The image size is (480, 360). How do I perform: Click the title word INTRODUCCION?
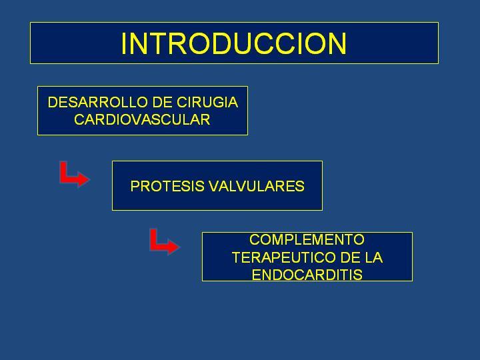tap(234, 43)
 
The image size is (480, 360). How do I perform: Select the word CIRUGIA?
tap(207, 102)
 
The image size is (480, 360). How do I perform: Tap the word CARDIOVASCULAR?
tap(142, 119)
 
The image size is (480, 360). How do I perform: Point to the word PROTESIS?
tap(167, 186)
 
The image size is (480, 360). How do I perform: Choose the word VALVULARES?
tap(257, 186)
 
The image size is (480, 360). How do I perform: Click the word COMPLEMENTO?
tap(307, 239)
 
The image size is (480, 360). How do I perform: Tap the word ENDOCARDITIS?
tap(307, 275)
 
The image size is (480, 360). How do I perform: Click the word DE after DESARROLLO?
tap(162, 102)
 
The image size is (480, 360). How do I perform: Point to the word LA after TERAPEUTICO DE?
tap(373, 257)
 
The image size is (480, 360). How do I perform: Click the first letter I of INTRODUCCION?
tap(123, 43)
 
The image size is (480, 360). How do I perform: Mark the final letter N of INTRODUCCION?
tap(337, 43)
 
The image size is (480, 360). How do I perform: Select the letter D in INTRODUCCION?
tap(219, 43)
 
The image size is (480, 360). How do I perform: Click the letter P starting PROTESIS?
tap(135, 186)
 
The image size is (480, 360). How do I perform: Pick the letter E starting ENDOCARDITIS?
tap(256, 275)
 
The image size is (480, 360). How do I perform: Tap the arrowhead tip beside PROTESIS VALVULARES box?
tap(90, 179)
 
